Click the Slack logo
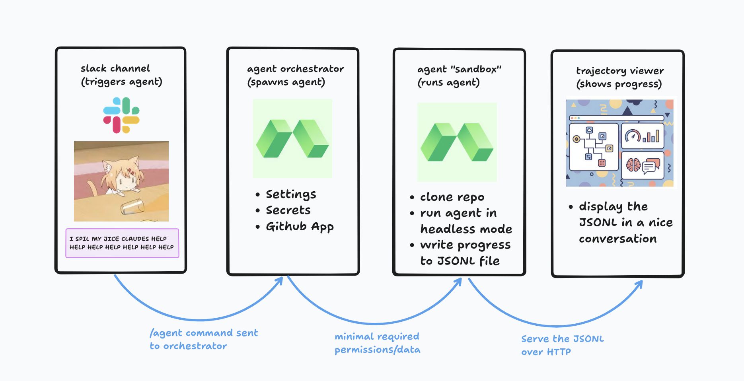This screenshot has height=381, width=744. pos(121,115)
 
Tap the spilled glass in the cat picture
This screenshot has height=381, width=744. pos(132,206)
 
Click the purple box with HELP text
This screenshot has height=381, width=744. pos(122,243)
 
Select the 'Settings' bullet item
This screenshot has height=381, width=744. pos(291,194)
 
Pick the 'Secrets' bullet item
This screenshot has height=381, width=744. pos(288,210)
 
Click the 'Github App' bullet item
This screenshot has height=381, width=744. pos(300,226)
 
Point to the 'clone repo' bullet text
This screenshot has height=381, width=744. pos(452,197)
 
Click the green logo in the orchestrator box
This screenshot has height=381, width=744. pos(292,138)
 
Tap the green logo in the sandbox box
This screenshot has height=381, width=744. pos(457,142)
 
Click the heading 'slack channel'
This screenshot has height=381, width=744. pos(115,68)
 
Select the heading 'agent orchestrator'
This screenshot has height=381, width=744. pos(295,69)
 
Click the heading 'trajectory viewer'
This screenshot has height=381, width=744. pos(620,71)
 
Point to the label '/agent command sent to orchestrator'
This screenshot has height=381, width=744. pos(204,339)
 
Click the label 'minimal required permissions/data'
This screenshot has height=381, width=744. pos(377,343)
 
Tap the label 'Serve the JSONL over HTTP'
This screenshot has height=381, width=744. pos(562,345)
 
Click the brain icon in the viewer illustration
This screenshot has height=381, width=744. pos(633,165)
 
